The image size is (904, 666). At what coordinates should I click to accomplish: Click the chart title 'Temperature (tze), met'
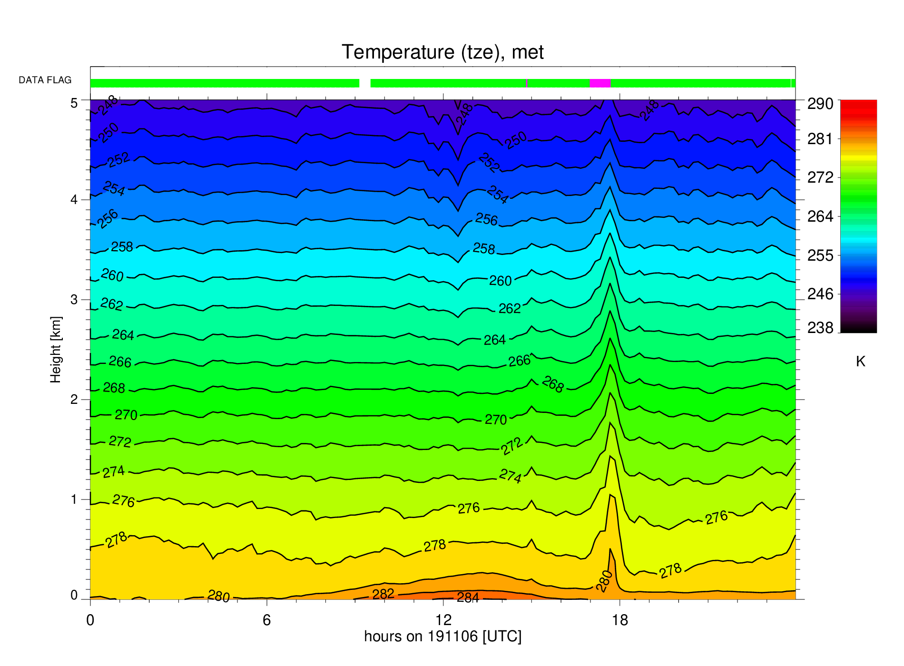point(442,52)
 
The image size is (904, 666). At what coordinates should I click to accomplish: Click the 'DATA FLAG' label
point(45,80)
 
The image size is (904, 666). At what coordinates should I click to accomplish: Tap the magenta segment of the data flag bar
point(600,83)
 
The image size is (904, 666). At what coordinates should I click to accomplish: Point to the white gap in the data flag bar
point(365,83)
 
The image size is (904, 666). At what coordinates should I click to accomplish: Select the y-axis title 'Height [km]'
point(56,350)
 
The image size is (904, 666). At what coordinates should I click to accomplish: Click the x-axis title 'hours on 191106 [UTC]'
point(443,637)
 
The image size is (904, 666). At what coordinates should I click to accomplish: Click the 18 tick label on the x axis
point(620,620)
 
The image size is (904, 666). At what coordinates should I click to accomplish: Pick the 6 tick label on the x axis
point(267,620)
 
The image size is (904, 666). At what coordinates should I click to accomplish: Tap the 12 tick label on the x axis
point(443,620)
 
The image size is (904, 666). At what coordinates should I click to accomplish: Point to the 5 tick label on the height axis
point(74,103)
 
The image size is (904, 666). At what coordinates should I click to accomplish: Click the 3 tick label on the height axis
point(74,300)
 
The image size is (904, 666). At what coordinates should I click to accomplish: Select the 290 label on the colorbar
point(820,104)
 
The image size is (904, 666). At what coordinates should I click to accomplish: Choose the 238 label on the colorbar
point(820,328)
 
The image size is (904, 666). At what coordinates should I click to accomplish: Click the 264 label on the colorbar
point(820,216)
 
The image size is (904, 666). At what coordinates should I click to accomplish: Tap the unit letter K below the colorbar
point(860,362)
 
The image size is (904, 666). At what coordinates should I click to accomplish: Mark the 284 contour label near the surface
point(468,597)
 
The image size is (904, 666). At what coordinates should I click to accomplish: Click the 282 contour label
point(383,594)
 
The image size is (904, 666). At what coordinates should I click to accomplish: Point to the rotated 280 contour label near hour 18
point(604,581)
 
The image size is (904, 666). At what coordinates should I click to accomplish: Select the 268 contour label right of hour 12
point(553,384)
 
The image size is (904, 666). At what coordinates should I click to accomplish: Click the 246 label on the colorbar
point(820,294)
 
